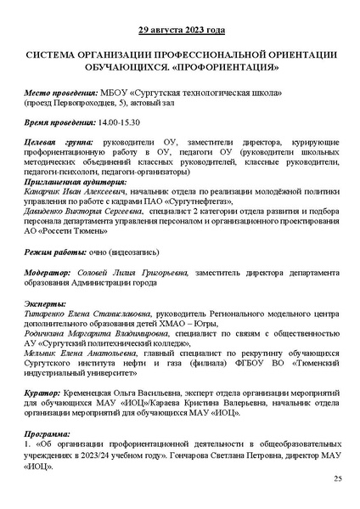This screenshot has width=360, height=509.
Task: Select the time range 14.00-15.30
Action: tap(124, 122)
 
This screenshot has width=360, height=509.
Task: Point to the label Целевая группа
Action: tap(57, 144)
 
